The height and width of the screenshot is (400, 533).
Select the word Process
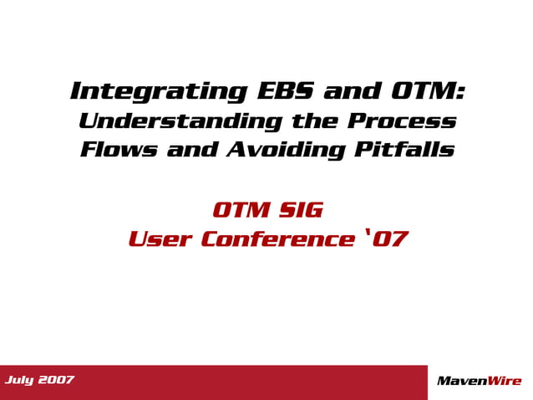(402, 121)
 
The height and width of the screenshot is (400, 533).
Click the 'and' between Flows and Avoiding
(191, 151)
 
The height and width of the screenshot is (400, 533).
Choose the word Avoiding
(280, 151)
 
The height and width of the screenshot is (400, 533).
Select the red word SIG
(300, 209)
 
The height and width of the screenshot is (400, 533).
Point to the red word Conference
(278, 240)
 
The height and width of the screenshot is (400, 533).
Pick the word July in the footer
(20, 381)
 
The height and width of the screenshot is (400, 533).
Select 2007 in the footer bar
(56, 381)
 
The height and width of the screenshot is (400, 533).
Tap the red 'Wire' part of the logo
(506, 382)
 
